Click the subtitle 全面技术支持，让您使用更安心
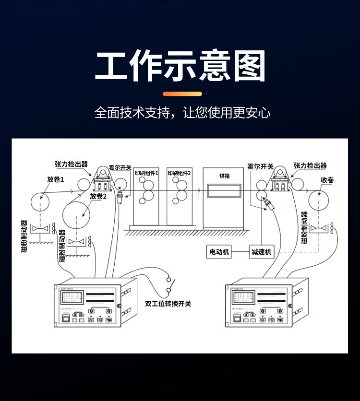tap(182, 113)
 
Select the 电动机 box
tap(219, 251)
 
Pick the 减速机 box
tap(262, 251)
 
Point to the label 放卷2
tap(98, 196)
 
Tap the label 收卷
tap(327, 180)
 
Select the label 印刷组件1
tap(146, 172)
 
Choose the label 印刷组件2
tap(179, 172)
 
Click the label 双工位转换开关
tap(168, 303)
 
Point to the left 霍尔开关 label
tap(120, 167)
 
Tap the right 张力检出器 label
tap(310, 165)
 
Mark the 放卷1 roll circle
tap(41, 200)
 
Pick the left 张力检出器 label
tap(72, 164)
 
